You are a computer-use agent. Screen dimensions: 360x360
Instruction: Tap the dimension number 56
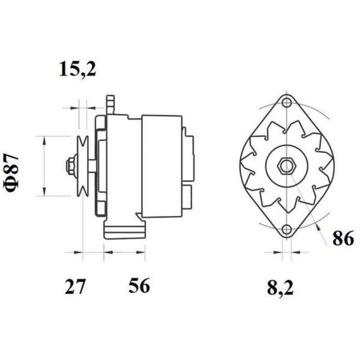point(139,286)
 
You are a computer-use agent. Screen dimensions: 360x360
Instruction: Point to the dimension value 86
point(343,239)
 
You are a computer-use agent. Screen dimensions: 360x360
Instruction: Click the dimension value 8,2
point(280,288)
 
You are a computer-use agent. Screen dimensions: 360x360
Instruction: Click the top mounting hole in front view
point(286,103)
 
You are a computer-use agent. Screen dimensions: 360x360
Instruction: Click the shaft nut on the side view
point(71,166)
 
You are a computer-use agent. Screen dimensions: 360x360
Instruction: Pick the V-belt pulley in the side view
point(82,166)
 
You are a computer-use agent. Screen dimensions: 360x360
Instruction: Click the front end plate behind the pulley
point(101,166)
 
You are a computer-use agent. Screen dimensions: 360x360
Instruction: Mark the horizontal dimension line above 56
point(124,252)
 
